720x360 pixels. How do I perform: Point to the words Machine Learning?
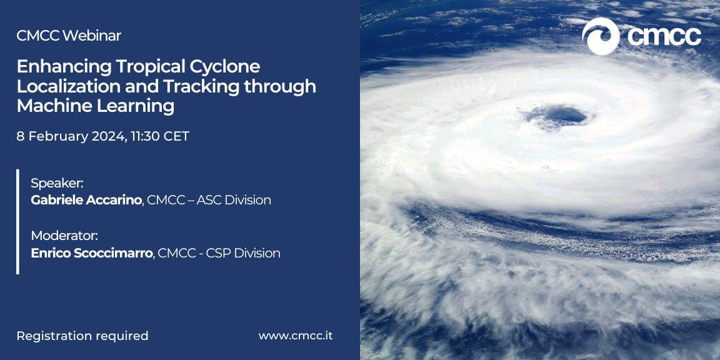point(96,106)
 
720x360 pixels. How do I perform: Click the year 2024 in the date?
point(108,137)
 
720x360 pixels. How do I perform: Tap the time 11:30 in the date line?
point(146,136)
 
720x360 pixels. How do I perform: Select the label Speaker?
point(57,184)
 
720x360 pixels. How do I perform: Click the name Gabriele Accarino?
point(86,200)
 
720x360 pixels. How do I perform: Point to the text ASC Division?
point(234,200)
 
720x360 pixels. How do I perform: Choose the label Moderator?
point(65,236)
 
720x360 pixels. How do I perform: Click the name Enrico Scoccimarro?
point(92,253)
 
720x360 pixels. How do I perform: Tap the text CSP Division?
point(243,253)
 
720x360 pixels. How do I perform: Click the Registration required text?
point(82,336)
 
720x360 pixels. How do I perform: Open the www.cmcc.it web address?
point(296,336)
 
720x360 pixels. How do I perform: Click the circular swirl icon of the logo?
point(601,36)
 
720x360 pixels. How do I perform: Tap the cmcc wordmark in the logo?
point(664,36)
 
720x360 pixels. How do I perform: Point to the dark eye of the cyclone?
point(558,116)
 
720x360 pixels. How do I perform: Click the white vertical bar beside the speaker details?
point(18,222)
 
